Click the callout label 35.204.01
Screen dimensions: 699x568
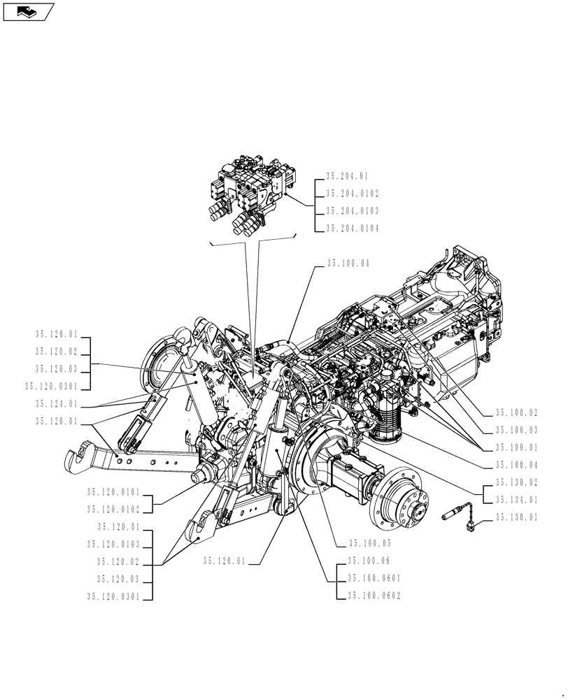347,177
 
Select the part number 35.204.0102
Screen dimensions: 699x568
352,194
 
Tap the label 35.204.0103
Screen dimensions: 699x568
352,210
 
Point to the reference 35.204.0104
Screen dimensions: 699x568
352,228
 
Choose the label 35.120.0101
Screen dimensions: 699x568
114,492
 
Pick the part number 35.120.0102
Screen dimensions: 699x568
114,509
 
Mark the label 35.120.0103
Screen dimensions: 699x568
114,544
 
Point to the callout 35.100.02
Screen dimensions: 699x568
517,413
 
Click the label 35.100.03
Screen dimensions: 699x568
517,430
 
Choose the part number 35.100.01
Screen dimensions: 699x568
517,447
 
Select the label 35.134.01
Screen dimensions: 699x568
517,500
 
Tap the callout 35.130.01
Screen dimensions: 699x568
517,517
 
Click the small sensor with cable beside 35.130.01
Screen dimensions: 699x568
457,518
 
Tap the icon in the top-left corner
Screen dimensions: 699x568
28,10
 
